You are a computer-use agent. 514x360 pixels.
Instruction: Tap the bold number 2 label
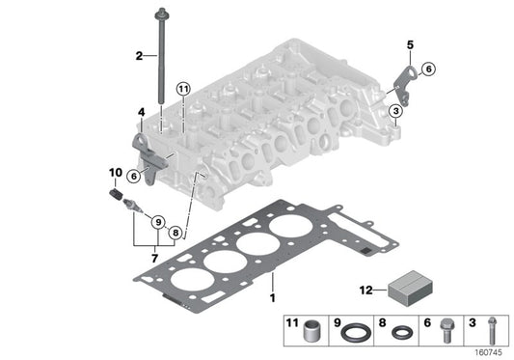tap(139, 55)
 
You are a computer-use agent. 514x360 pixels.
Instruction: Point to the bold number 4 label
tap(141, 113)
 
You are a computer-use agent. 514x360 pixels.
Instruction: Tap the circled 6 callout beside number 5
tap(429, 68)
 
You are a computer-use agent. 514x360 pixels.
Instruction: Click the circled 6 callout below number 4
tap(145, 175)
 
